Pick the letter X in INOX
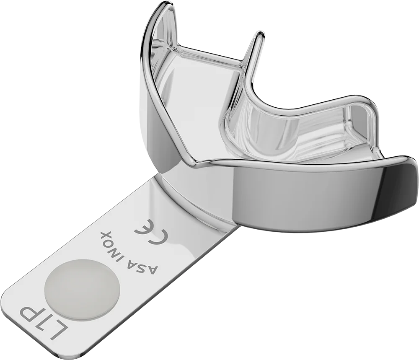point(105,234)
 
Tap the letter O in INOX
point(113,240)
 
